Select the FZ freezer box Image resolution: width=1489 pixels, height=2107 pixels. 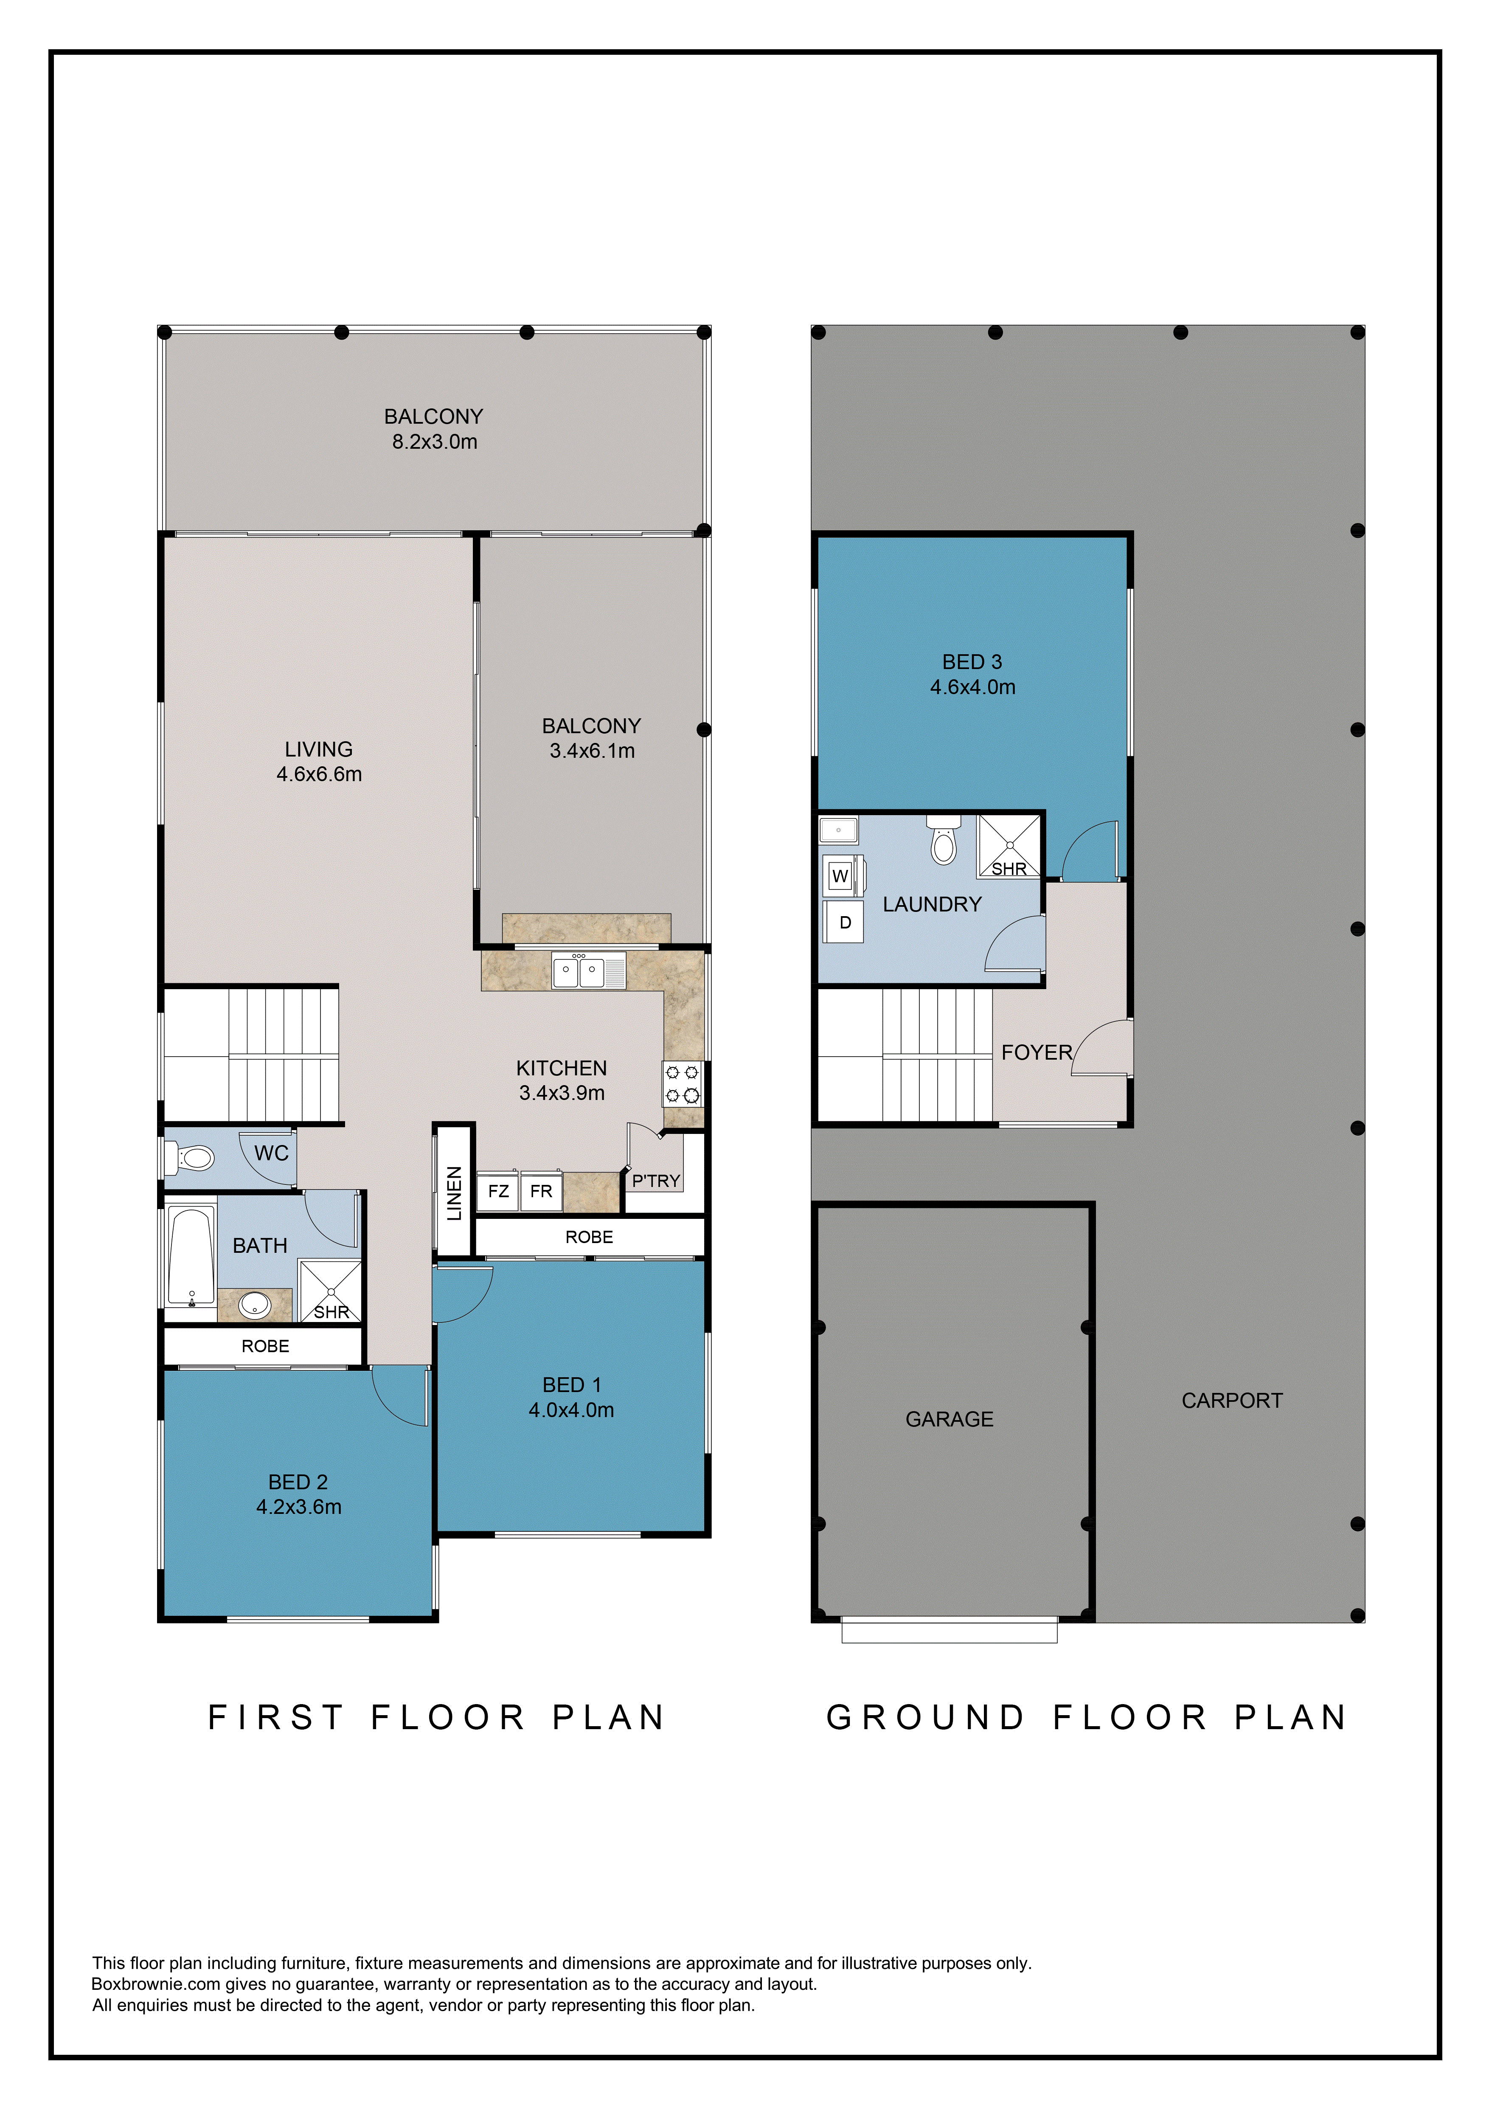498,1191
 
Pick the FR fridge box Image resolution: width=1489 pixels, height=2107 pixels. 541,1191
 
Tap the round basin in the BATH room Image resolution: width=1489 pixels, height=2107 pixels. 254,1304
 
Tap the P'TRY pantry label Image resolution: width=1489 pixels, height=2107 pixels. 656,1181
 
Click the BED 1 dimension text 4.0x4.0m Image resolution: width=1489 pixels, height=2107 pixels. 572,1409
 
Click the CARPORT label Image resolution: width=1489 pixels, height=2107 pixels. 1232,1401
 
